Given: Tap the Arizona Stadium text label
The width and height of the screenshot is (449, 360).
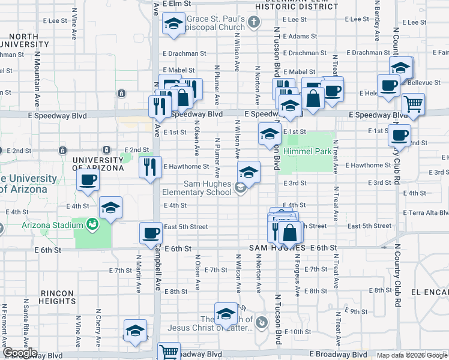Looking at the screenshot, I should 52,225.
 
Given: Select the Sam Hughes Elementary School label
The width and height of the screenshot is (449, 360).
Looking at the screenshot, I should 197,188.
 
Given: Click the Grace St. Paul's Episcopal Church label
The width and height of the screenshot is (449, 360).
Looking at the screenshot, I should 215,23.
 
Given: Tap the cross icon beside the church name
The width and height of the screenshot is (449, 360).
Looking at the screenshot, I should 254,23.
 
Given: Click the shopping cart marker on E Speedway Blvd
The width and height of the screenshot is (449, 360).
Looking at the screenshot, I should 413,104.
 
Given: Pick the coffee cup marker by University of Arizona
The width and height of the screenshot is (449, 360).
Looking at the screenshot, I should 88,179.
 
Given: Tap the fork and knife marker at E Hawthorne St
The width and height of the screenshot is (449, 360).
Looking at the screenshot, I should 150,167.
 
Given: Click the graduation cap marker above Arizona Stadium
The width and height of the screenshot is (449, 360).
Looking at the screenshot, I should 110,208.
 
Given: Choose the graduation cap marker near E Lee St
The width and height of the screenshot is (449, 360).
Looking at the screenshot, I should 173,25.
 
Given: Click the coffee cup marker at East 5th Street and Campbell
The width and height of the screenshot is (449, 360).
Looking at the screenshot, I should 151,233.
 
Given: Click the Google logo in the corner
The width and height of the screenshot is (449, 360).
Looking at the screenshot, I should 19,353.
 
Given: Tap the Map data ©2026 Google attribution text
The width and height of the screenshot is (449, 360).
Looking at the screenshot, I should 412,355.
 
